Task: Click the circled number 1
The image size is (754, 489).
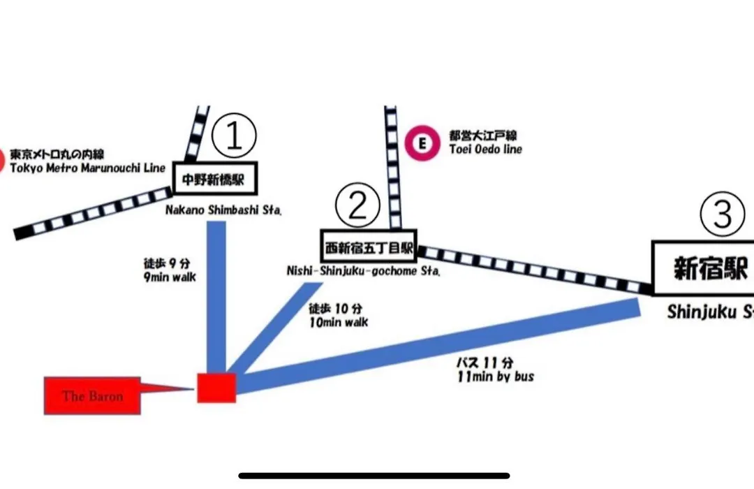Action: click(x=235, y=136)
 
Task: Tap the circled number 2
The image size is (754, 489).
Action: click(x=357, y=205)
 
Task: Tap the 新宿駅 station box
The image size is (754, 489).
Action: click(x=705, y=268)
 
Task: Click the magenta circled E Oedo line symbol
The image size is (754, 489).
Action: click(x=421, y=143)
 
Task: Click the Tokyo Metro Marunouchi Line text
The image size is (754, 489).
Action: click(x=87, y=168)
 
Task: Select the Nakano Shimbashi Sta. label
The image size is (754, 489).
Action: click(x=223, y=210)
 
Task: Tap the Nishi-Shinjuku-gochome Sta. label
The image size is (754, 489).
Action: click(x=363, y=272)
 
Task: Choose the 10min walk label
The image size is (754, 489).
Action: click(x=338, y=322)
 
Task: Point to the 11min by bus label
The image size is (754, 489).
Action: click(x=494, y=377)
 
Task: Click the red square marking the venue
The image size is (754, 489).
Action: click(x=216, y=387)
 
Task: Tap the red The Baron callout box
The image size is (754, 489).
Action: click(x=92, y=396)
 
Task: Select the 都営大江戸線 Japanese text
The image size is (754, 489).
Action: click(x=478, y=136)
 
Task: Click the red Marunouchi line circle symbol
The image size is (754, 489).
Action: click(x=2, y=160)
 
